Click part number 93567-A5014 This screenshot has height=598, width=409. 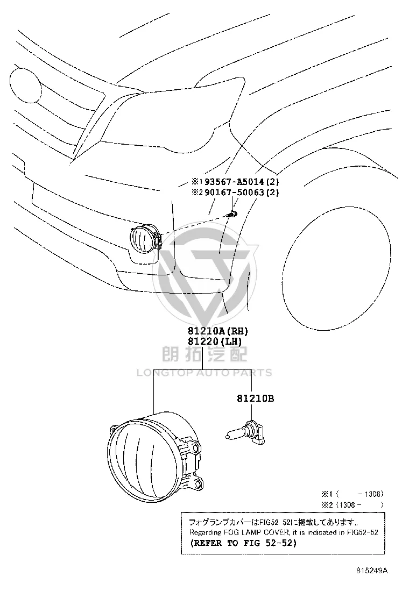pyautogui.click(x=234, y=182)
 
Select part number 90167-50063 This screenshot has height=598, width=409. pyautogui.click(x=234, y=192)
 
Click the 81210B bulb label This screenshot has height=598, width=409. pyautogui.click(x=255, y=398)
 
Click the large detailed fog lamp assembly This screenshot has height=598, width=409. pyautogui.click(x=154, y=454)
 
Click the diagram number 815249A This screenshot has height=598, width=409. pyautogui.click(x=372, y=571)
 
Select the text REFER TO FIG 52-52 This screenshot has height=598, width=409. pyautogui.click(x=243, y=543)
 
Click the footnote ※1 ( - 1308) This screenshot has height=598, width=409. pyautogui.click(x=352, y=494)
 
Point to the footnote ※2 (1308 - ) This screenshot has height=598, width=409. pyautogui.click(x=352, y=505)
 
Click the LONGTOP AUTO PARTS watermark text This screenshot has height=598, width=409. pyautogui.click(x=204, y=373)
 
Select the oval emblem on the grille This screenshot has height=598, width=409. pyautogui.click(x=25, y=86)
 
